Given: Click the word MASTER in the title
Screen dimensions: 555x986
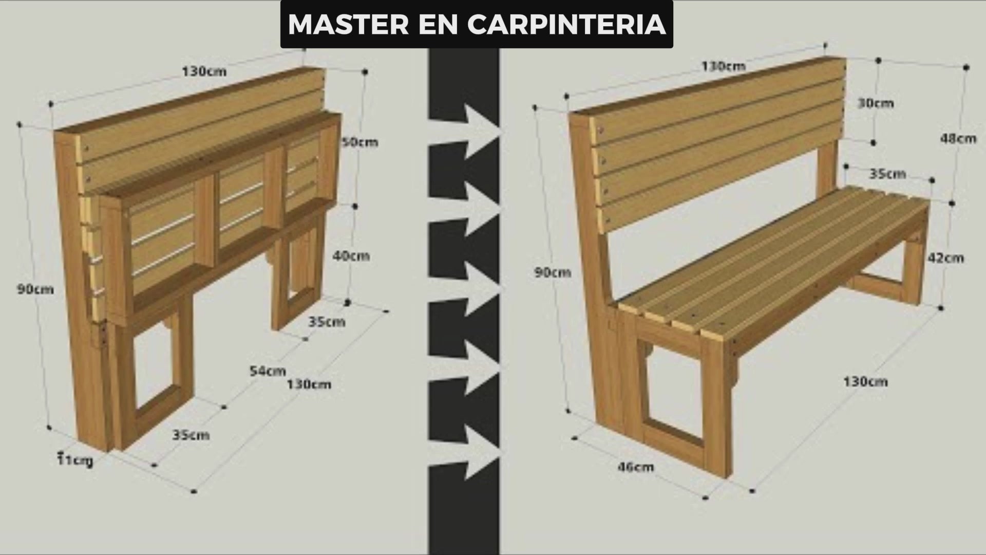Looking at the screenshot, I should pyautogui.click(x=349, y=24).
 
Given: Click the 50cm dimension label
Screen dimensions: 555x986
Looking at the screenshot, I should pyautogui.click(x=359, y=141).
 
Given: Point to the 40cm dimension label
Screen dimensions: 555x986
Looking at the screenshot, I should pyautogui.click(x=351, y=255).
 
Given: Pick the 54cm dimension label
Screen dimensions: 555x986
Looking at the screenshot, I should pyautogui.click(x=268, y=370).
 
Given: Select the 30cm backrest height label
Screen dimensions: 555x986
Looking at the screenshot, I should pyautogui.click(x=876, y=103).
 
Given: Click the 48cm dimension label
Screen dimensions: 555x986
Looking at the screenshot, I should pyautogui.click(x=958, y=138).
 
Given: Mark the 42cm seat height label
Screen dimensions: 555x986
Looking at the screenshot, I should pyautogui.click(x=945, y=257).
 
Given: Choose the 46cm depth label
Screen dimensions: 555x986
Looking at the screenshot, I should pyautogui.click(x=635, y=467).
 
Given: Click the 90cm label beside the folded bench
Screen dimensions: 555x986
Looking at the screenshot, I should pyautogui.click(x=35, y=289).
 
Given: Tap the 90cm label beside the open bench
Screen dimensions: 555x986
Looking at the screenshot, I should pyautogui.click(x=553, y=272).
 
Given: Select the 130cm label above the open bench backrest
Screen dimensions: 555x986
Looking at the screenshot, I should pyautogui.click(x=723, y=66).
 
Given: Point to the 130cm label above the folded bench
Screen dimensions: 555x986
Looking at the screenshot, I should pyautogui.click(x=204, y=71).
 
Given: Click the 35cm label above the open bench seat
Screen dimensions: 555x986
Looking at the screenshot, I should pyautogui.click(x=887, y=174).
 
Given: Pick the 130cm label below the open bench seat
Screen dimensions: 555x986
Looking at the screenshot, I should pyautogui.click(x=865, y=381).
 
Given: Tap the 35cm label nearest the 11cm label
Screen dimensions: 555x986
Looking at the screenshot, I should pyautogui.click(x=191, y=435).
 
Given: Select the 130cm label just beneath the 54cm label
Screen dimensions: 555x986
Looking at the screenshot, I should pyautogui.click(x=309, y=384).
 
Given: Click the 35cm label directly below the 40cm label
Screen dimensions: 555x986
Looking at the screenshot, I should pyautogui.click(x=327, y=322).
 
